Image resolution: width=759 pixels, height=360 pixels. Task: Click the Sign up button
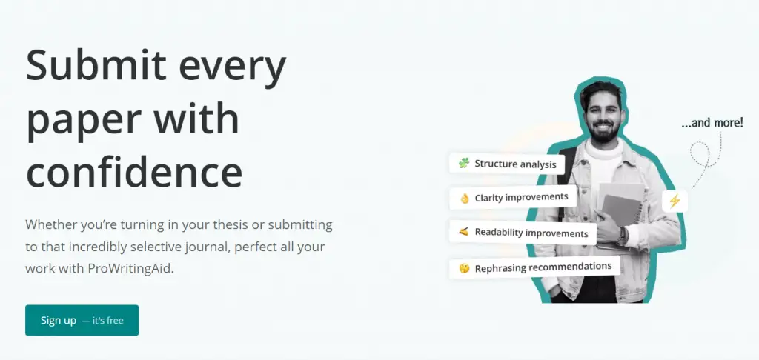click(x=82, y=320)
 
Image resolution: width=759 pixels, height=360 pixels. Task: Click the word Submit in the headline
click(x=96, y=66)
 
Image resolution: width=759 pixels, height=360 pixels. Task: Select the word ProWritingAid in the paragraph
click(x=130, y=269)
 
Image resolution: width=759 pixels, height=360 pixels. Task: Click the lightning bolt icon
click(x=675, y=201)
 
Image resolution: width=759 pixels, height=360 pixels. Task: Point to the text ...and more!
click(x=712, y=123)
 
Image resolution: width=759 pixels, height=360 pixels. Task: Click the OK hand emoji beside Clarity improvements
click(x=465, y=199)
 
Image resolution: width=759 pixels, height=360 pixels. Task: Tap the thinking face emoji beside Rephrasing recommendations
click(x=464, y=268)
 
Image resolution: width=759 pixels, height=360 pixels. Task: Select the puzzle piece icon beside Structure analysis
click(x=464, y=163)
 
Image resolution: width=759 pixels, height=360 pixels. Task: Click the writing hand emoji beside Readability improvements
click(x=464, y=232)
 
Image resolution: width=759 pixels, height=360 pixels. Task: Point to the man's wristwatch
click(x=622, y=236)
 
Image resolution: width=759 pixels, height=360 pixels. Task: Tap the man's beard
click(x=603, y=131)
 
